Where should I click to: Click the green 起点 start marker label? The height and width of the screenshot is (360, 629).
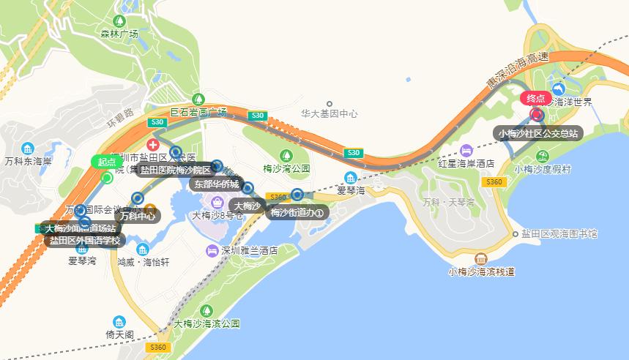click(107, 162)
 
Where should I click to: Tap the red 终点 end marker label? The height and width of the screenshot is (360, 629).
click(535, 98)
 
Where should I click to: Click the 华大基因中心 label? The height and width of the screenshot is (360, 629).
click(330, 114)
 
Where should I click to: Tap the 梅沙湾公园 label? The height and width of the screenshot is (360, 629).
click(286, 168)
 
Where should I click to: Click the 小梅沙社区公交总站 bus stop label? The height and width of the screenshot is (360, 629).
click(538, 133)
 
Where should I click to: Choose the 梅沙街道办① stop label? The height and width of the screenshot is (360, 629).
click(297, 212)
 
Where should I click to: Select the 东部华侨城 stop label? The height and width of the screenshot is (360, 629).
click(215, 184)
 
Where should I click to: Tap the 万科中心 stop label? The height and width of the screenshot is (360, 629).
click(137, 216)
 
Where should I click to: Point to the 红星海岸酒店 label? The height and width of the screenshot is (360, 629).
click(466, 163)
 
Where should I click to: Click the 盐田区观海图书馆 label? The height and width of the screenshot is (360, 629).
click(559, 234)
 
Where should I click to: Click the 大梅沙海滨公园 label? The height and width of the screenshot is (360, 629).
click(208, 323)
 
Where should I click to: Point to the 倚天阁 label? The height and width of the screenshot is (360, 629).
click(119, 334)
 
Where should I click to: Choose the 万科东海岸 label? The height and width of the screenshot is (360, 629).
click(28, 161)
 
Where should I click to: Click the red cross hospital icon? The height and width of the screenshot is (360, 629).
click(154, 145)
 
